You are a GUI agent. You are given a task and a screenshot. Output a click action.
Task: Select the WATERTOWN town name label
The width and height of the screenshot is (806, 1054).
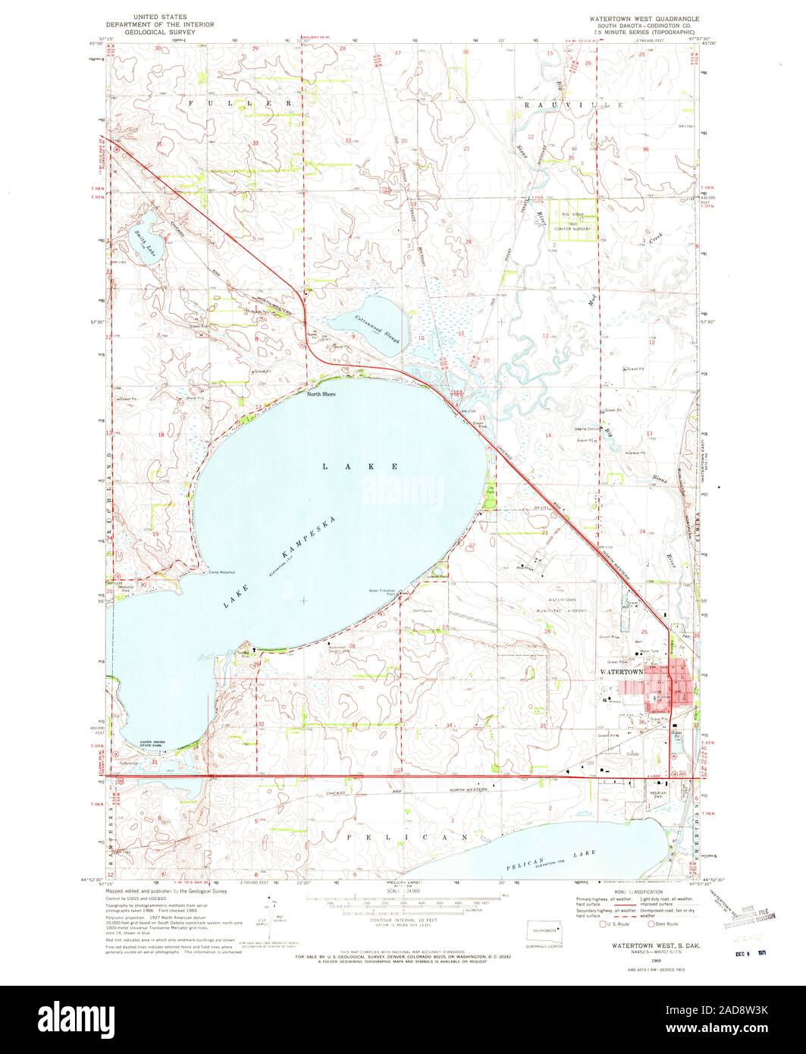[x=621, y=672]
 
